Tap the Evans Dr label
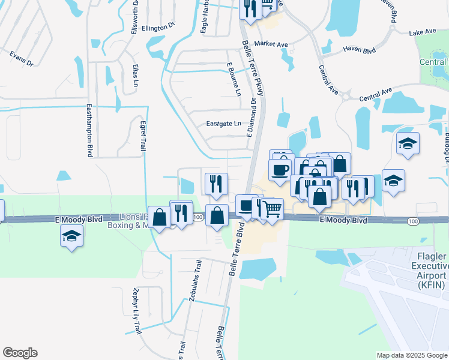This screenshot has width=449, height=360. [21, 58]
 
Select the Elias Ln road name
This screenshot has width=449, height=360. [136, 74]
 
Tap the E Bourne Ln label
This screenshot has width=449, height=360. [234, 79]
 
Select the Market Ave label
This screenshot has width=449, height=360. [271, 44]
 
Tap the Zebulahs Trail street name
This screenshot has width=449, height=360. [194, 281]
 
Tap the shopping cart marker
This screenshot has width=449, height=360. [273, 209]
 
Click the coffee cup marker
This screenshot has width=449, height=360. [280, 170]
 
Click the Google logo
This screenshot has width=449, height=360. [20, 353]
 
